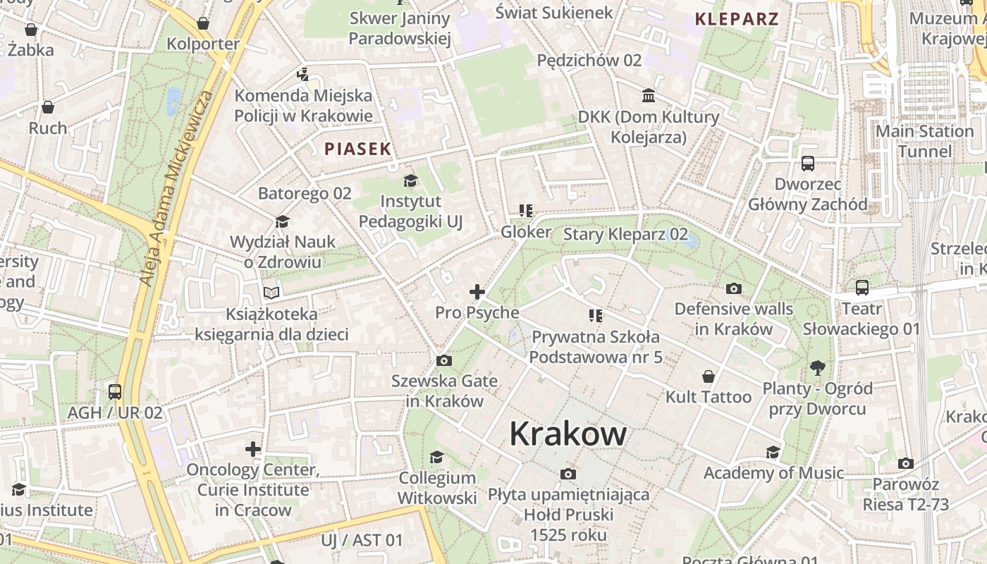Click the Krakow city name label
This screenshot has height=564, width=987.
point(568,433)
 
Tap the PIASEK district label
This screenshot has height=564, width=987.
point(357,149)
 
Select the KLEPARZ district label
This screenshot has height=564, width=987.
point(737,19)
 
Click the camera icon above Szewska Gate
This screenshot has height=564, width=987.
point(444,361)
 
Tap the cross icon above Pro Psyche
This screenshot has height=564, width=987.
point(477,292)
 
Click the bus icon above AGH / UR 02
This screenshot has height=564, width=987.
point(115,392)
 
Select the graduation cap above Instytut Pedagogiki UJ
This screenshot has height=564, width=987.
point(410,181)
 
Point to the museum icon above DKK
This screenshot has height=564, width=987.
point(648,95)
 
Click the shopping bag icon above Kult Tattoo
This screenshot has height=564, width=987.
point(709,376)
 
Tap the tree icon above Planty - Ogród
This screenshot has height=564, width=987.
point(818,367)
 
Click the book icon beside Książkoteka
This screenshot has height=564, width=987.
point(271,293)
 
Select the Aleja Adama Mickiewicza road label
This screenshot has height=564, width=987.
point(177,188)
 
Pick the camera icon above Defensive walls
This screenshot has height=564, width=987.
point(734,288)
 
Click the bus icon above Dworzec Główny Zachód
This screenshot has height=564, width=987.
point(808,164)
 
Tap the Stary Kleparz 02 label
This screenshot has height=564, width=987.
point(625,234)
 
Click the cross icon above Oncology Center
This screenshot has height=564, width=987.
point(253,449)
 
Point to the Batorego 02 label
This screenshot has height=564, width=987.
point(305,193)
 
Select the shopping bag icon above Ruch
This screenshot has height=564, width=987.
point(48,107)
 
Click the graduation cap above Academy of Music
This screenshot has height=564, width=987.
point(773,452)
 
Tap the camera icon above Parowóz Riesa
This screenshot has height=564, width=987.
point(906,464)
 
